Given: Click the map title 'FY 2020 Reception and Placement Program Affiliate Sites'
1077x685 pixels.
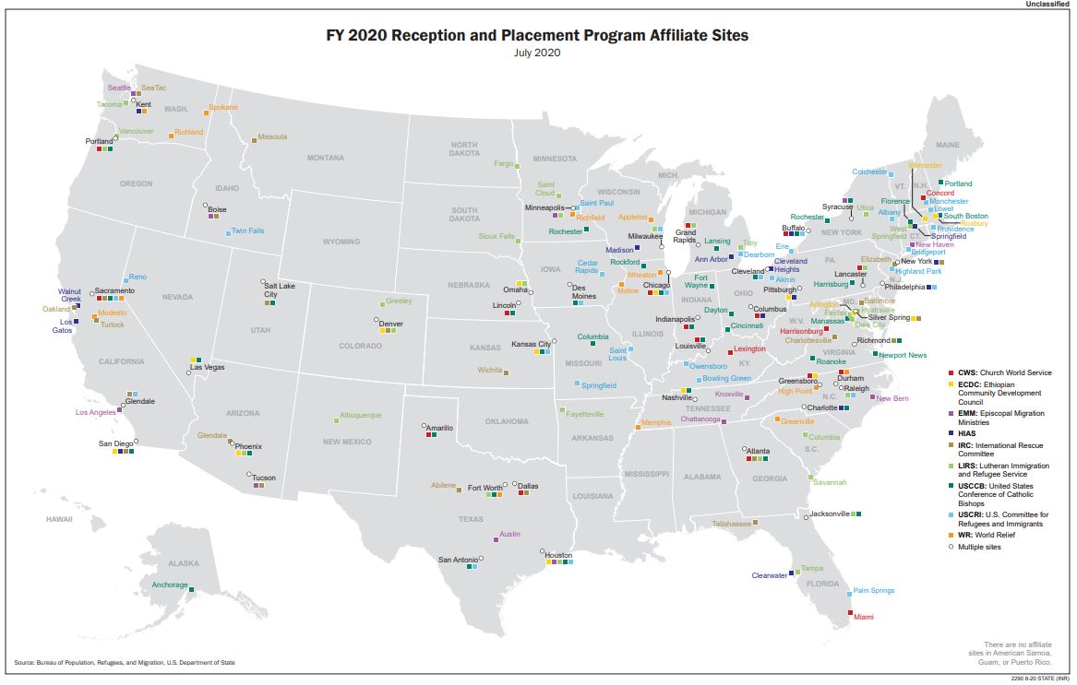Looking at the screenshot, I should coord(537,36).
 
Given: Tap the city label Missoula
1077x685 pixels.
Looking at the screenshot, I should coord(272,136).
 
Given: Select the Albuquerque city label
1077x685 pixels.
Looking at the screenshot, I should coord(360,416).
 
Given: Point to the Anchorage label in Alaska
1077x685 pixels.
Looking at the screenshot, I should coord(170,585).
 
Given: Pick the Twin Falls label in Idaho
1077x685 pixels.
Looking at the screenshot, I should coord(248,230).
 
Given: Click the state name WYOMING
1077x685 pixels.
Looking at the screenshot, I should coord(341,242).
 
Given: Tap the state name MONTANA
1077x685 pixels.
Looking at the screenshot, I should coord(325,158).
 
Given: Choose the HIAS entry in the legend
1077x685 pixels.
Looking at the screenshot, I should coord(969,431).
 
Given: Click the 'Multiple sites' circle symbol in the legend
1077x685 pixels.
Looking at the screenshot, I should coord(951,547).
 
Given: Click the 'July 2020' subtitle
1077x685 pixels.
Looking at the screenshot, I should coord(537,53).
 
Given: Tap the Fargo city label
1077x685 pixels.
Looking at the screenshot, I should coord(503,163).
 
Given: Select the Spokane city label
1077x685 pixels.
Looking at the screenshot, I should coord(222,107).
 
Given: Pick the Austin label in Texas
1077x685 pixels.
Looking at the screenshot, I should coord(509,534).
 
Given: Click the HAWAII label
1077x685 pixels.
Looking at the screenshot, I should coord(59,519).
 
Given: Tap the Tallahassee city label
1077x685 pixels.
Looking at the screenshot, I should coord(731,523).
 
